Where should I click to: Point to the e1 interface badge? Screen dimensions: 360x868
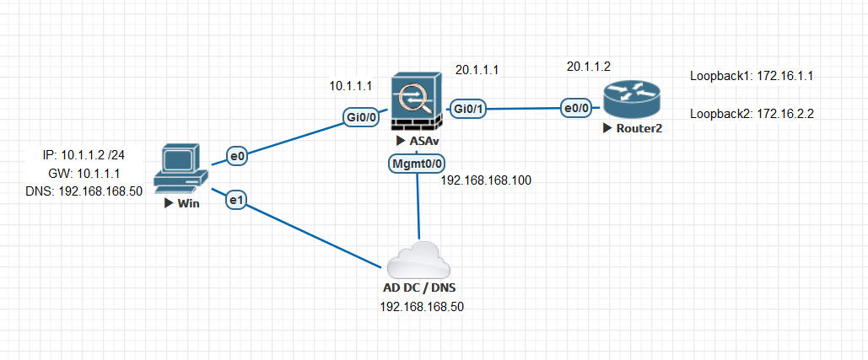[x=236, y=200]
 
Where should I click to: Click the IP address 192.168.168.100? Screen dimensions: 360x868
[x=485, y=180]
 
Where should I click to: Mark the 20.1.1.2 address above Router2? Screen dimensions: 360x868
[x=588, y=66]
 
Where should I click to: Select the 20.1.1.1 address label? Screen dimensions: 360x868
[x=477, y=69]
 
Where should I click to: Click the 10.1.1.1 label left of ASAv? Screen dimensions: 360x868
[x=351, y=85]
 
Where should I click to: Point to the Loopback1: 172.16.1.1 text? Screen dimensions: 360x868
[x=751, y=76]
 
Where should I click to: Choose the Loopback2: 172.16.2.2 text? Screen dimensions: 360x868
[x=751, y=113]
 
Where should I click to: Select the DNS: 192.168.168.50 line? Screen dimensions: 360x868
[x=84, y=191]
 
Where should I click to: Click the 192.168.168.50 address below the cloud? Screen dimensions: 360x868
[x=422, y=307]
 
